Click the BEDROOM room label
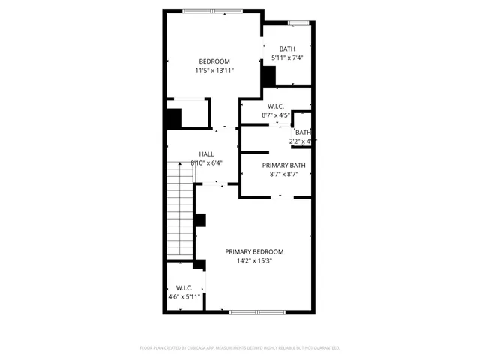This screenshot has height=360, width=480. tap(214, 61)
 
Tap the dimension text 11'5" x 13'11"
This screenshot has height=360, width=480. tap(214, 71)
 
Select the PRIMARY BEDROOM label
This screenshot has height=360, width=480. tap(254, 252)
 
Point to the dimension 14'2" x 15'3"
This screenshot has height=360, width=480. tap(254, 262)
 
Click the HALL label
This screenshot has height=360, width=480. tap(206, 154)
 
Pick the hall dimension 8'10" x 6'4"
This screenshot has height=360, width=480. tap(206, 163)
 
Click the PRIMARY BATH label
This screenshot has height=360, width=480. tap(283, 165)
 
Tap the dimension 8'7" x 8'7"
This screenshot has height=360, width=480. tap(283, 175)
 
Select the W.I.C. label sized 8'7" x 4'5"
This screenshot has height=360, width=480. tap(275, 106)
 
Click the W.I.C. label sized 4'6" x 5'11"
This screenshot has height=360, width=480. tap(184, 287)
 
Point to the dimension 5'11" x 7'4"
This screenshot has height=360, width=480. tap(287, 58)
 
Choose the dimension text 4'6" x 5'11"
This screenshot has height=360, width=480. tap(184, 297)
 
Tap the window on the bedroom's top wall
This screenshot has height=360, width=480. tap(212, 10)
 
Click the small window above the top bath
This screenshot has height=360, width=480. tap(299, 24)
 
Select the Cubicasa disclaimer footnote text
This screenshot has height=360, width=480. tap(240, 348)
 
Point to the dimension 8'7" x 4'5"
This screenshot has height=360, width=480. tap(275, 115)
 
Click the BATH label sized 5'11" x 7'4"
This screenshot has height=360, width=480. tap(287, 49)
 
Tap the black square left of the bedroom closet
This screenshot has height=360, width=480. tap(173, 119)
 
